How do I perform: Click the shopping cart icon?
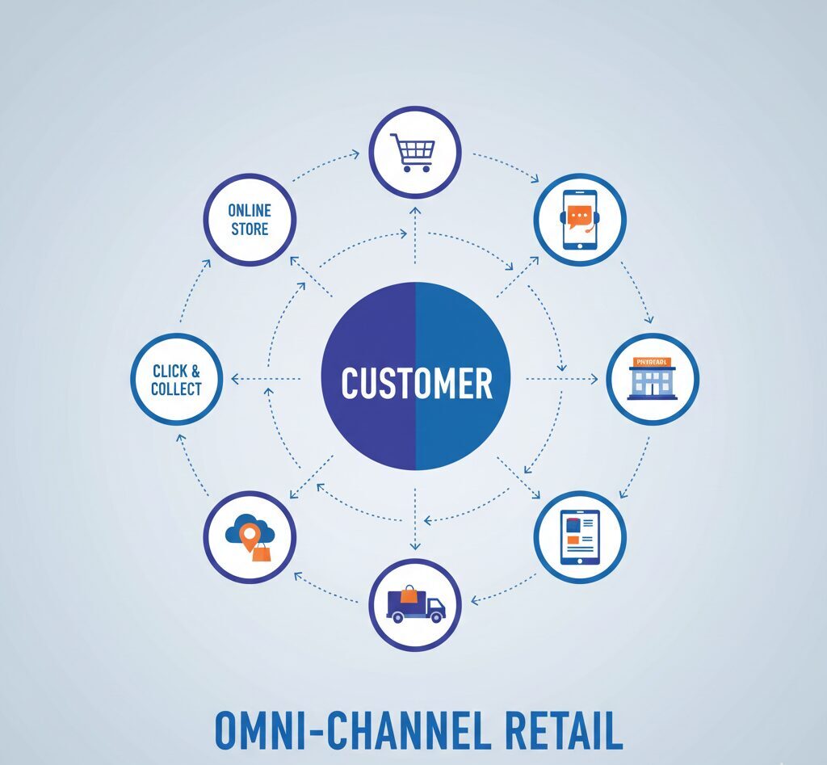412,152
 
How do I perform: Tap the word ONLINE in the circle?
250,210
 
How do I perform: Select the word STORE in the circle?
250,229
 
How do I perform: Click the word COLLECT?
176,389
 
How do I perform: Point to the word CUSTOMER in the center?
416,383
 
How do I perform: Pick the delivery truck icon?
415,605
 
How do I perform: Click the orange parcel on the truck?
409,595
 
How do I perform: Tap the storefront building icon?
651,378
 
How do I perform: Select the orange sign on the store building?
651,362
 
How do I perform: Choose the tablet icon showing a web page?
580,537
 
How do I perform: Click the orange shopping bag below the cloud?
261,553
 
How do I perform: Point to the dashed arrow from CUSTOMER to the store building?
561,378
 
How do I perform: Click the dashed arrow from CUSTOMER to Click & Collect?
267,378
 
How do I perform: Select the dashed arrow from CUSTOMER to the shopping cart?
415,234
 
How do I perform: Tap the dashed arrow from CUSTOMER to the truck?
415,521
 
